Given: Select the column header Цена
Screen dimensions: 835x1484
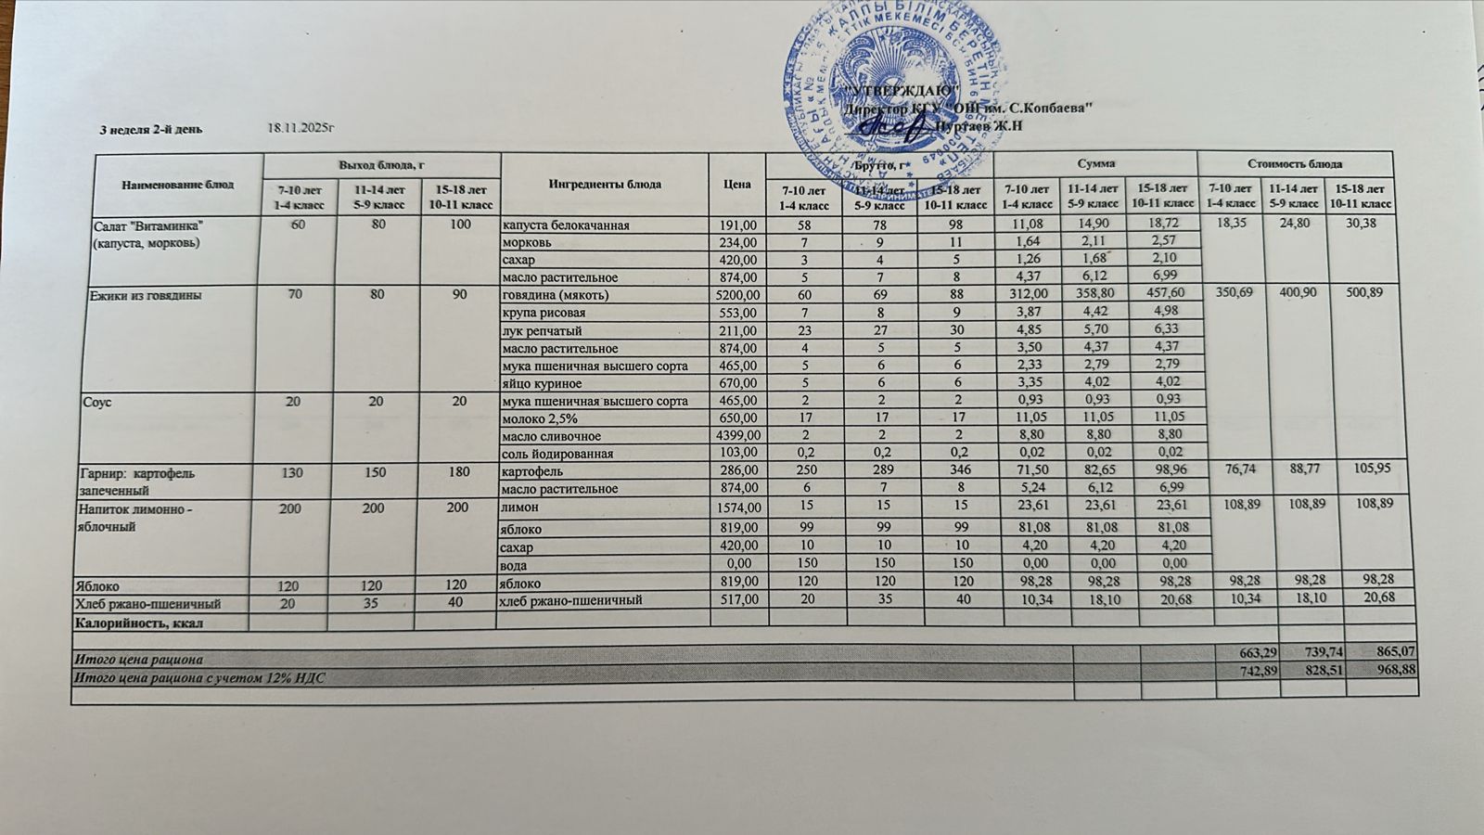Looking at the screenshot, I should click(737, 184).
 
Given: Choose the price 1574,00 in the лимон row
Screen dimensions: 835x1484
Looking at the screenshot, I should click(738, 507).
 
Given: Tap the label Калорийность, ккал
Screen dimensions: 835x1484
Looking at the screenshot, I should click(138, 623).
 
